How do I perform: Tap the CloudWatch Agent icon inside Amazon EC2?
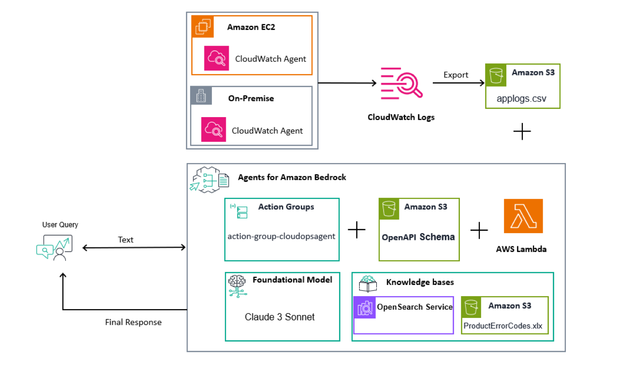pyautogui.click(x=216, y=59)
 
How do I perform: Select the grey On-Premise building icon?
pyautogui.click(x=201, y=96)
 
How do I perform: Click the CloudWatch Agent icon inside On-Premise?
pyautogui.click(x=214, y=130)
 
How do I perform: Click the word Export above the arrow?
pyautogui.click(x=456, y=75)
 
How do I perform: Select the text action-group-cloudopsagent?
pyautogui.click(x=282, y=237)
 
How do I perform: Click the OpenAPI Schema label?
pyautogui.click(x=418, y=237)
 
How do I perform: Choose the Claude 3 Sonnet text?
pyautogui.click(x=280, y=317)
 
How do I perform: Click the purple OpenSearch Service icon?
pyautogui.click(x=365, y=308)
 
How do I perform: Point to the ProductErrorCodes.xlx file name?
pyautogui.click(x=503, y=326)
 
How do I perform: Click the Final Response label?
pyautogui.click(x=133, y=322)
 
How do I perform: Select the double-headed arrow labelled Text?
pyautogui.click(x=134, y=248)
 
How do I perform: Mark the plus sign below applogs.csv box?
pyautogui.click(x=522, y=132)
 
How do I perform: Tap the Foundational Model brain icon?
pyautogui.click(x=237, y=285)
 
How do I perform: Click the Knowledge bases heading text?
pyautogui.click(x=420, y=282)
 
